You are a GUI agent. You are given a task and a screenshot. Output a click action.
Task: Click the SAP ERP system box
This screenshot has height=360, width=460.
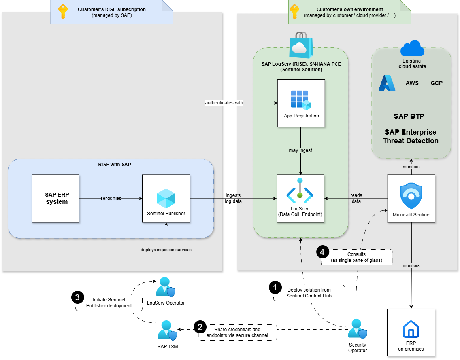(55, 199)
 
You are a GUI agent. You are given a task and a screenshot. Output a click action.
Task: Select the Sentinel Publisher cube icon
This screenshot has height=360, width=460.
(166, 198)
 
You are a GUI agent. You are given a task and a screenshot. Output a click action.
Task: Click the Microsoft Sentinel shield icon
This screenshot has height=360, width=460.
(411, 195)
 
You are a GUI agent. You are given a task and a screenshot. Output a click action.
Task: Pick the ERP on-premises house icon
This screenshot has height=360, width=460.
(411, 329)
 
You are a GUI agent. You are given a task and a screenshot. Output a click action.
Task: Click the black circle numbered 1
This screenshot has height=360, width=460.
(275, 288)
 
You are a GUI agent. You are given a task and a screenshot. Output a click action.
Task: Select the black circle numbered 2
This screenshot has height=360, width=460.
(200, 327)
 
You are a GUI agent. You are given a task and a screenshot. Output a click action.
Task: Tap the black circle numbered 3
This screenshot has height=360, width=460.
(77, 297)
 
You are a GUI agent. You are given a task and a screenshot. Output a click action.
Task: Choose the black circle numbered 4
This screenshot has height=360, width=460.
(322, 252)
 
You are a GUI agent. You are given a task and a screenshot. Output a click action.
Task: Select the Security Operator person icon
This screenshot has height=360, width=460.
(357, 329)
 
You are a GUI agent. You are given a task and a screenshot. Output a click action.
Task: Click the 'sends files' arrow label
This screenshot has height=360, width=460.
(111, 198)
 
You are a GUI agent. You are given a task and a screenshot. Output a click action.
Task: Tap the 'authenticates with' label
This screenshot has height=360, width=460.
(224, 103)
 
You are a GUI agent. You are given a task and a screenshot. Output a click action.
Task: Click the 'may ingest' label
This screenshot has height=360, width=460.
(300, 150)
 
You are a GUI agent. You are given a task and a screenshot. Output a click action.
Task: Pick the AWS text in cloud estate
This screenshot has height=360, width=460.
(412, 83)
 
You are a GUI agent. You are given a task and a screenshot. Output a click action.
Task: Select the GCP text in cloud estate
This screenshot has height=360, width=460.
(437, 83)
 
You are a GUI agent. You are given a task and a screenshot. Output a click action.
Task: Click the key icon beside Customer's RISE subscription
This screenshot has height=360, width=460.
(63, 12)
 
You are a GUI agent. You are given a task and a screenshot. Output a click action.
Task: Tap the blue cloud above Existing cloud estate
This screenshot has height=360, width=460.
(412, 48)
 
